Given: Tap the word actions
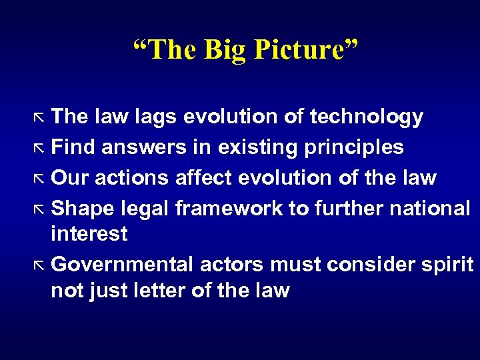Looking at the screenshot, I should point(132,178).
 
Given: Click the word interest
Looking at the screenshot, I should point(89,234).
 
